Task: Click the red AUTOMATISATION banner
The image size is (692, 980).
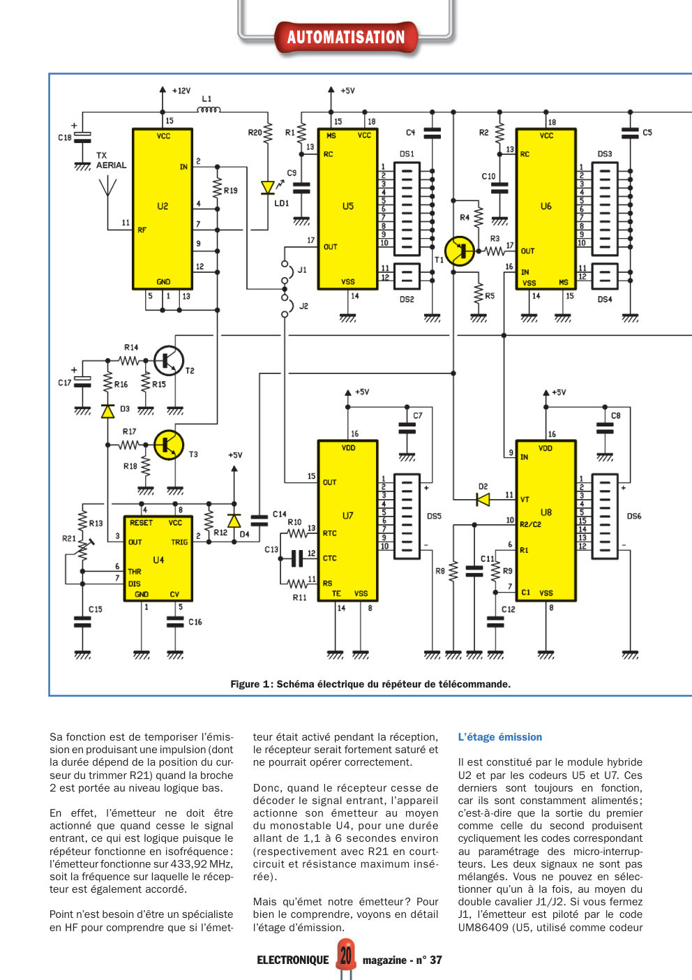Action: (x=346, y=37)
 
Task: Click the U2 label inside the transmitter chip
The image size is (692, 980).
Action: (x=163, y=206)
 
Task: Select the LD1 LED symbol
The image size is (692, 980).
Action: (x=268, y=188)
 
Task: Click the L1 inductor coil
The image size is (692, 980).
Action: (x=209, y=110)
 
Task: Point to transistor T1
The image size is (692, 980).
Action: (x=460, y=251)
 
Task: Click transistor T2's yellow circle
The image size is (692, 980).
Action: (x=169, y=360)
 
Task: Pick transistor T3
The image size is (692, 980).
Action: (x=169, y=445)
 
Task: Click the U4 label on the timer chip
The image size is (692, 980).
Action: (x=158, y=560)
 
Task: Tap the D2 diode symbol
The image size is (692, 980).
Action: (x=483, y=499)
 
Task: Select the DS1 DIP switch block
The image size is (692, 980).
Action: (x=407, y=209)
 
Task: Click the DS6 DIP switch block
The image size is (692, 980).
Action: (x=605, y=517)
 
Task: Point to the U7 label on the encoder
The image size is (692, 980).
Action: (x=347, y=516)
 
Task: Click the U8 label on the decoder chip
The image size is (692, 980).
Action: (x=546, y=512)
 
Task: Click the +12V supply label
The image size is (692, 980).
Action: (x=181, y=91)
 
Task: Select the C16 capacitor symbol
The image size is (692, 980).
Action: (x=175, y=622)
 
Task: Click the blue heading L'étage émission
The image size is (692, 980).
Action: (x=499, y=737)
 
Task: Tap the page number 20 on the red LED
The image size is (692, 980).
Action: (x=346, y=956)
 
